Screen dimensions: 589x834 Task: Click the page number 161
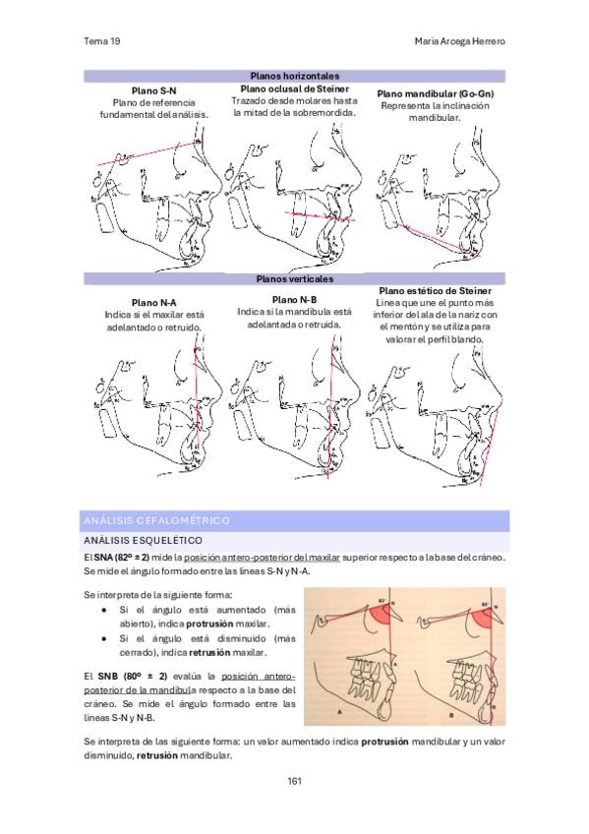point(294,781)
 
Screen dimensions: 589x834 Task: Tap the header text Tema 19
point(102,41)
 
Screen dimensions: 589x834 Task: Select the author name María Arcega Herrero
point(459,41)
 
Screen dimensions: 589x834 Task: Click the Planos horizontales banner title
point(295,76)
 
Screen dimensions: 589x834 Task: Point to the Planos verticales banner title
point(295,278)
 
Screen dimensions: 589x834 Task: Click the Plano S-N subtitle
point(153,90)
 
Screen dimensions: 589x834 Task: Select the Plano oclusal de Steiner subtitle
point(295,89)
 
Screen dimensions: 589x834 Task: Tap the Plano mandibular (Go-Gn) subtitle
point(436,93)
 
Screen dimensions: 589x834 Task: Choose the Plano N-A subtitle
point(153,303)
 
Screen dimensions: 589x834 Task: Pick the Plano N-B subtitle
point(294,300)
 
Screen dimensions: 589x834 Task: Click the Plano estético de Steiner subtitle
point(435,291)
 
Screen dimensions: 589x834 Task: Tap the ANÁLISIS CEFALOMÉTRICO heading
point(156,520)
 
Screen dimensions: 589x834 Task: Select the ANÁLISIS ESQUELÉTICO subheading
point(143,540)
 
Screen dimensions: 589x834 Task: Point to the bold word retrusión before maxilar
point(209,653)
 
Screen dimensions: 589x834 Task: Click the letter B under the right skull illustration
point(450,715)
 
